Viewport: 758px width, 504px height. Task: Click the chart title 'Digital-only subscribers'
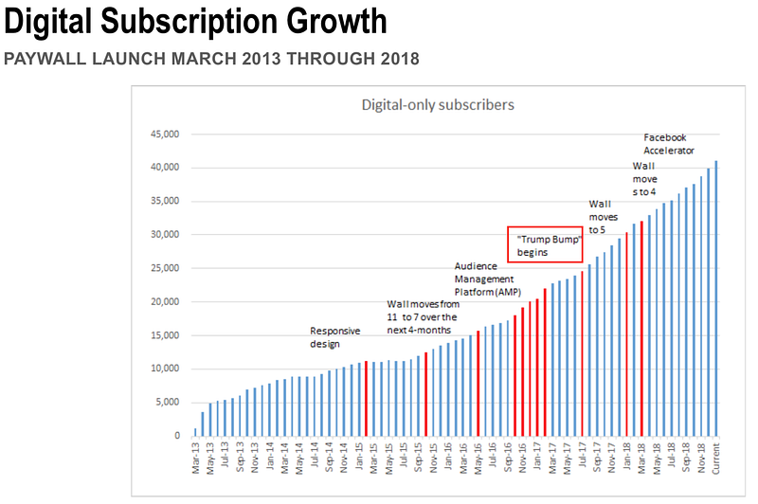pyautogui.click(x=438, y=105)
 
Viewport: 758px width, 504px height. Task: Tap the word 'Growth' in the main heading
pyautogui.click(x=336, y=22)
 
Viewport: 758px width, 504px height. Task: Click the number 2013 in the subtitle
pyautogui.click(x=262, y=59)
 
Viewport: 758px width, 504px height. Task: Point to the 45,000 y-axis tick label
pyautogui.click(x=165, y=134)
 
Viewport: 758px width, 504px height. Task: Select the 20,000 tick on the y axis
pyautogui.click(x=165, y=301)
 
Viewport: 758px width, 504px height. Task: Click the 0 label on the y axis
pyautogui.click(x=177, y=436)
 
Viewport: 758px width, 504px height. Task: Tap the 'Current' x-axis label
pyautogui.click(x=716, y=459)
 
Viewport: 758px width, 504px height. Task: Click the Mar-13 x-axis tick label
pyautogui.click(x=195, y=459)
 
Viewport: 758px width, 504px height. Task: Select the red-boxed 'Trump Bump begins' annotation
pyautogui.click(x=545, y=244)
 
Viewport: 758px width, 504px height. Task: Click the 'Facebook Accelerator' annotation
pyautogui.click(x=669, y=144)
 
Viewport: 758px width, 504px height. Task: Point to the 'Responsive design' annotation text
pyautogui.click(x=335, y=337)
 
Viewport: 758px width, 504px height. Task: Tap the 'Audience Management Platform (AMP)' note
pyautogui.click(x=488, y=279)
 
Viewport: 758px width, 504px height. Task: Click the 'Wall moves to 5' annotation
pyautogui.click(x=604, y=217)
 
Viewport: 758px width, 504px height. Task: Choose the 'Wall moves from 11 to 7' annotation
pyautogui.click(x=423, y=317)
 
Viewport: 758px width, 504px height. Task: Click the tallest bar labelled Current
pyautogui.click(x=716, y=298)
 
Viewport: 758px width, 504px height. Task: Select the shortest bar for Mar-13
pyautogui.click(x=195, y=432)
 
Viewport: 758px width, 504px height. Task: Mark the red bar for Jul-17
pyautogui.click(x=582, y=353)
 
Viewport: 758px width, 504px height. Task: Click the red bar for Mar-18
pyautogui.click(x=641, y=329)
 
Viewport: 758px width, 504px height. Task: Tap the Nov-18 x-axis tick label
pyautogui.click(x=701, y=459)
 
